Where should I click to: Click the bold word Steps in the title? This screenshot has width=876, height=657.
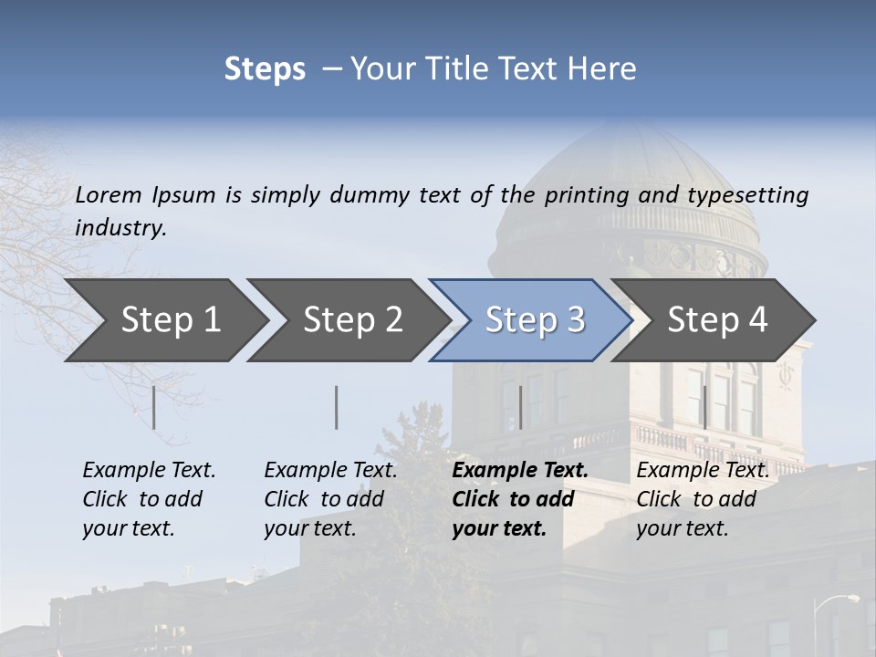265,69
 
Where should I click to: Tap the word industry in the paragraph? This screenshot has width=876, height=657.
120,227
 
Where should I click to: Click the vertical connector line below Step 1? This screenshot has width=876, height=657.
154,407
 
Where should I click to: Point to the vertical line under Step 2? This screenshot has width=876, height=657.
337,407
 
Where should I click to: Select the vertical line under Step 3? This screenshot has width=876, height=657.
520,407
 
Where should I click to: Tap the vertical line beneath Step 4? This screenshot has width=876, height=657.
704,407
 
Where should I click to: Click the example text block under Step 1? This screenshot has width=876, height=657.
149,499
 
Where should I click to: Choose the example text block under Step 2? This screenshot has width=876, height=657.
330,499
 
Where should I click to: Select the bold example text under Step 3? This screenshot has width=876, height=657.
519,499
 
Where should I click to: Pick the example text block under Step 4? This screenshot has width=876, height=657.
702,499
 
